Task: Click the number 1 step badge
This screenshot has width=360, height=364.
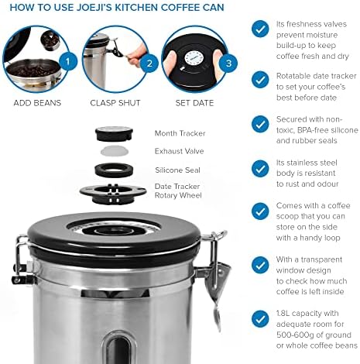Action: pyautogui.click(x=68, y=61)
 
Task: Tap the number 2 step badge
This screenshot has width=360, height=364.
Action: pyautogui.click(x=149, y=64)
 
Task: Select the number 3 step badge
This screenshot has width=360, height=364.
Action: pyautogui.click(x=228, y=64)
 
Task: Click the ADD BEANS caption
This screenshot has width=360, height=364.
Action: pyautogui.click(x=37, y=103)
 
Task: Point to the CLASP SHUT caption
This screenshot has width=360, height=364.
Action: pyautogui.click(x=115, y=103)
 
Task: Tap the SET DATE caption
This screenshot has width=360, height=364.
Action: pyautogui.click(x=194, y=103)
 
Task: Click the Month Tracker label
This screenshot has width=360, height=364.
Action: pyautogui.click(x=180, y=133)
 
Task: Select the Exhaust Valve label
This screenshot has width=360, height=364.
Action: pyautogui.click(x=179, y=151)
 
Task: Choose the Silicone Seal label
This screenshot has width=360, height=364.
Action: pyautogui.click(x=177, y=170)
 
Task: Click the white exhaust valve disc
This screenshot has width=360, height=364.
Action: pyautogui.click(x=115, y=151)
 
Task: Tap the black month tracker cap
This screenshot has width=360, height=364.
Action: pyautogui.click(x=114, y=134)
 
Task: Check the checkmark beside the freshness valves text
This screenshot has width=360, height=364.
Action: pyautogui.click(x=260, y=29)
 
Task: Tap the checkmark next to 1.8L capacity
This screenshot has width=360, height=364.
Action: pyautogui.click(x=260, y=319)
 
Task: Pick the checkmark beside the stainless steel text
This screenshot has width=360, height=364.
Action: pyautogui.click(x=260, y=169)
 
